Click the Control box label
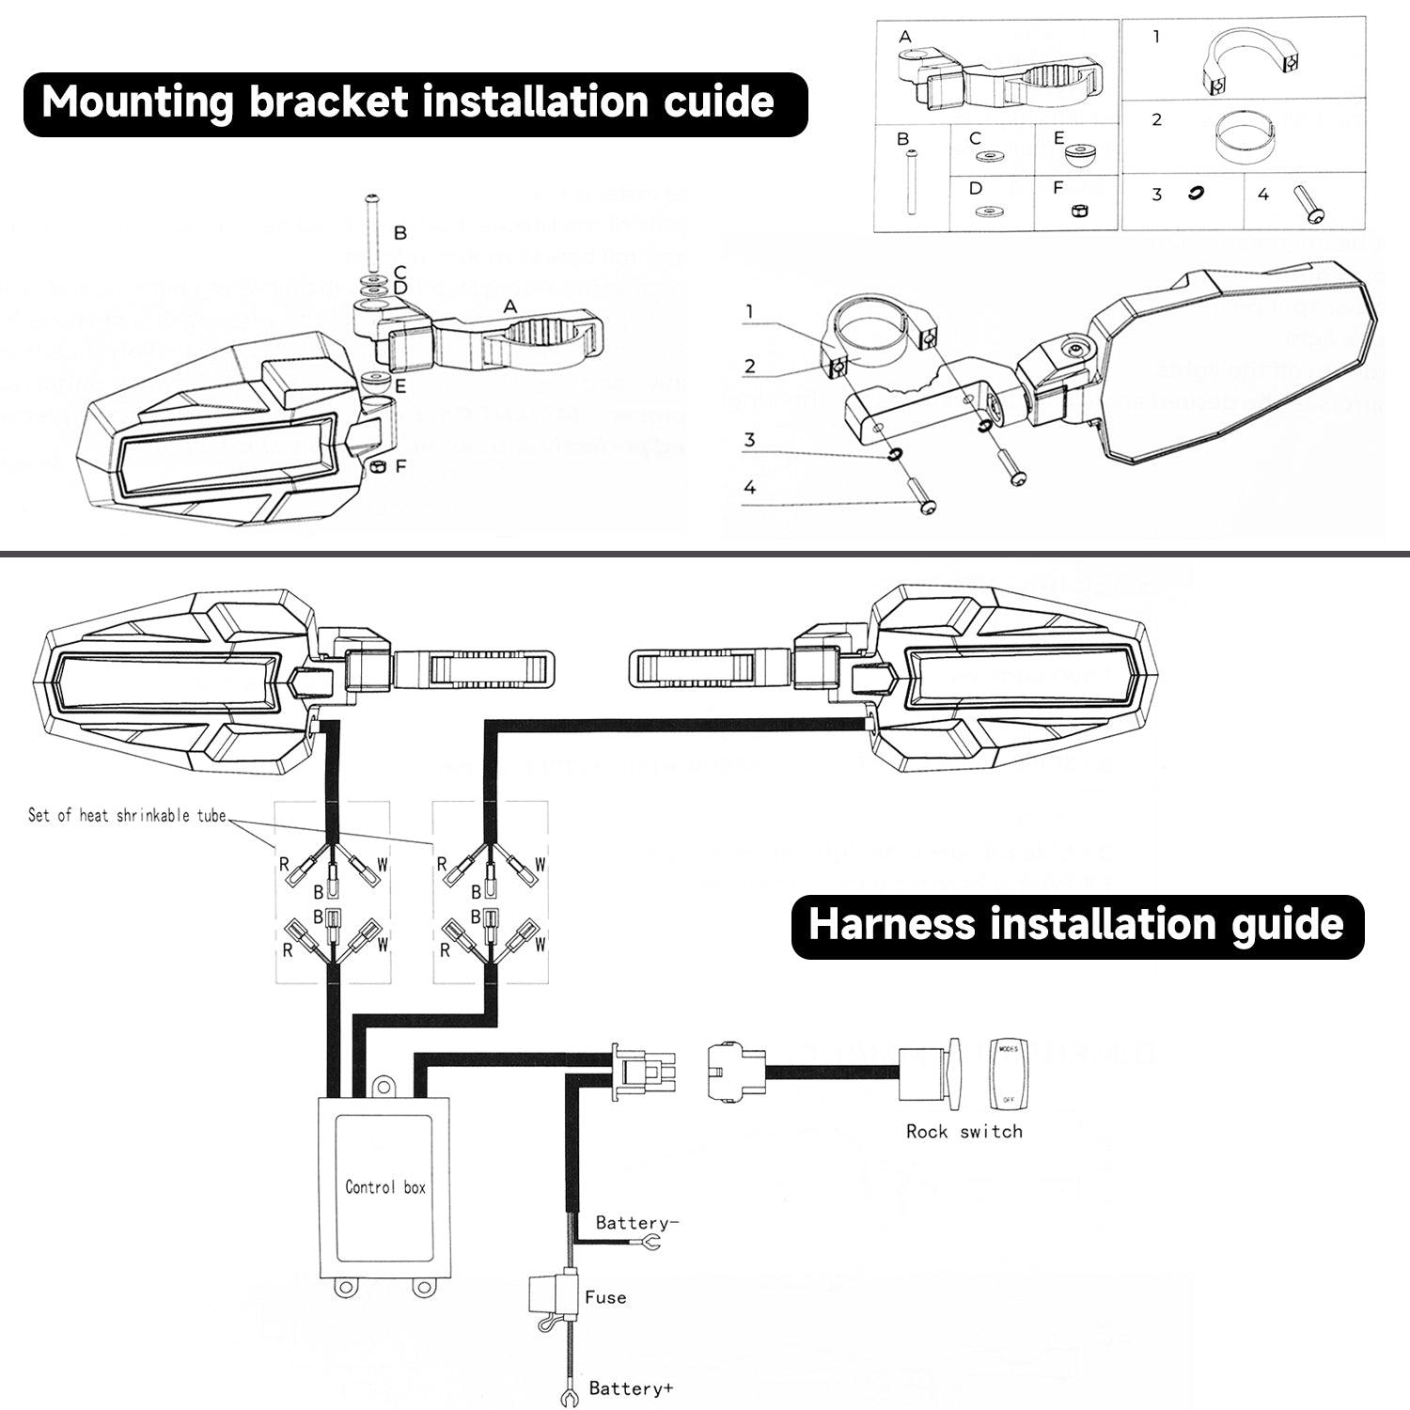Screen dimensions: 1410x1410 pos(384,1187)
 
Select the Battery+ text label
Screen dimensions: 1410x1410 pos(631,1387)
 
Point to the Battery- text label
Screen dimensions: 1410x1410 pos(636,1223)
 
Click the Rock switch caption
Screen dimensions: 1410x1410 pos(963,1132)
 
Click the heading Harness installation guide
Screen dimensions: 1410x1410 pos(1076,925)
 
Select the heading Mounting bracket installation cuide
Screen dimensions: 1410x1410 pos(408,102)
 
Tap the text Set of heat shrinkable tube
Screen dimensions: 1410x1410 pos(127,816)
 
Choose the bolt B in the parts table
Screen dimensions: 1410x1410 pos(910,183)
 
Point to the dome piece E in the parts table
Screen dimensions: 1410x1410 pos(1080,153)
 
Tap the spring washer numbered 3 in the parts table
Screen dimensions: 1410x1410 pos(1197,195)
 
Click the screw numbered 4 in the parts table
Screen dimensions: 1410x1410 pos(1308,205)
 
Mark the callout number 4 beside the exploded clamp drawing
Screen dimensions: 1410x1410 pos(750,487)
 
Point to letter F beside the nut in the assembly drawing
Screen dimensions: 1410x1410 pos(401,465)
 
